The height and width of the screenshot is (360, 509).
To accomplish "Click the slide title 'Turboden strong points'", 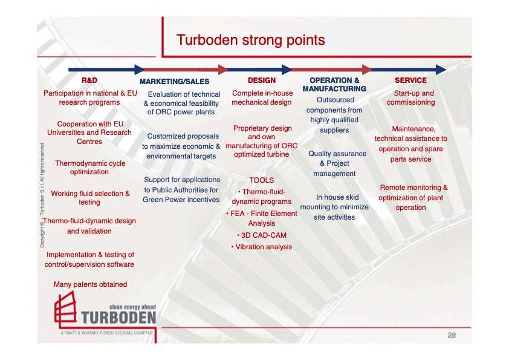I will pyautogui.click(x=250, y=40).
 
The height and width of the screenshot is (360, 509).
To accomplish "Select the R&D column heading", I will pyautogui.click(x=89, y=80).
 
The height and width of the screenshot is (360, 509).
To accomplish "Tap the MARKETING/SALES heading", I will pyautogui.click(x=175, y=81).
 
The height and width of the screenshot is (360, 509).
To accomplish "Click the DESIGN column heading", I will pyautogui.click(x=262, y=80).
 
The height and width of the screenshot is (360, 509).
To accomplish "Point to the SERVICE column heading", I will pyautogui.click(x=410, y=80).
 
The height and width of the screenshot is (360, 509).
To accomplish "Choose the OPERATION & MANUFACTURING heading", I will pyautogui.click(x=334, y=84).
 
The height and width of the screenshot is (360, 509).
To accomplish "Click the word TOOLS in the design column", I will pyautogui.click(x=262, y=180).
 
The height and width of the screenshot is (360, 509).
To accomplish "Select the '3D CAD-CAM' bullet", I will pyautogui.click(x=262, y=235).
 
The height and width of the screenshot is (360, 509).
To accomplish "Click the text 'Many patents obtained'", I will pyautogui.click(x=90, y=284).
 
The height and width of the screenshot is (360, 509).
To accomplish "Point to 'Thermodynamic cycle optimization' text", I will pyautogui.click(x=90, y=168).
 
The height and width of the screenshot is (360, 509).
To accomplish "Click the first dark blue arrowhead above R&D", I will pyautogui.click(x=140, y=70).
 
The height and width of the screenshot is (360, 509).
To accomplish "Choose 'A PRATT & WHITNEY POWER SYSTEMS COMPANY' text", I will pyautogui.click(x=106, y=333).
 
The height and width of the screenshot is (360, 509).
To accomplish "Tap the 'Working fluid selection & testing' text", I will pyautogui.click(x=90, y=198).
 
